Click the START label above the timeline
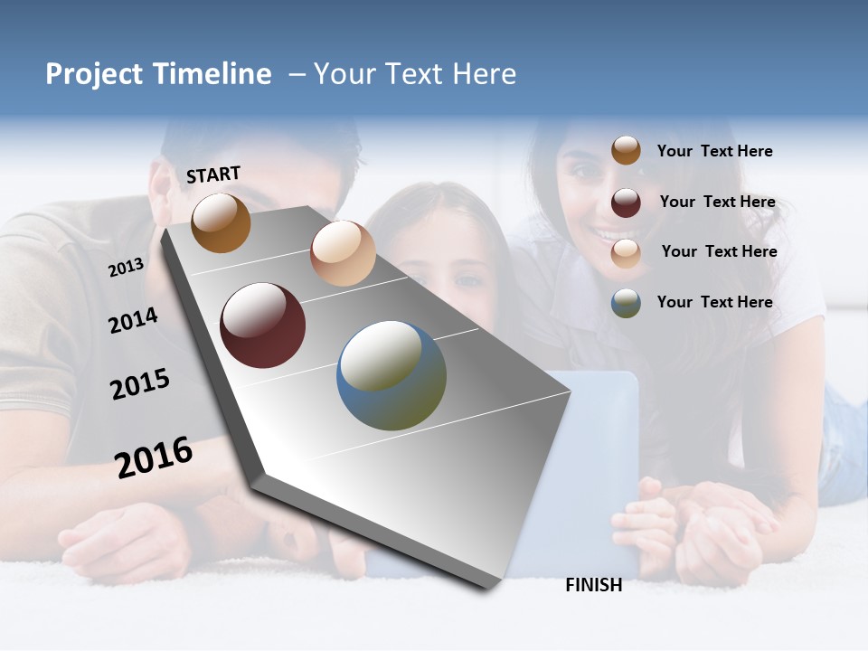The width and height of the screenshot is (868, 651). pos(213,175)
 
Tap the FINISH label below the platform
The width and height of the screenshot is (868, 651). pos(593,585)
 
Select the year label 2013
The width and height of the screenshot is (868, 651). pos(126,268)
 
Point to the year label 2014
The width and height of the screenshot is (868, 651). pos(133,321)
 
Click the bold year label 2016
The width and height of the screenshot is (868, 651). pos(154,458)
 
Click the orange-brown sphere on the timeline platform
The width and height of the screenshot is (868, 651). pos(221,223)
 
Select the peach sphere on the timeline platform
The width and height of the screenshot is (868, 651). pos(343,253)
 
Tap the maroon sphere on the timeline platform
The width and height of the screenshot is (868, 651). pos(263,325)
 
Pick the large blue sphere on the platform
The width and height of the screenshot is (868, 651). pos(392,375)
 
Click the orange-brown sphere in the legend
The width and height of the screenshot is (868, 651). pos(626,150)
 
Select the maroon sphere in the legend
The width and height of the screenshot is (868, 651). pos(626,203)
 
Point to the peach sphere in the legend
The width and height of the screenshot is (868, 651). pos(626,253)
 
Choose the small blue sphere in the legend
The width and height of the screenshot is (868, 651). pos(626,304)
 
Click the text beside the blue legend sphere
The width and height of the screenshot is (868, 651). pos(714,302)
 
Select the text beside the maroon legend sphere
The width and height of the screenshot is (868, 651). pos(717,202)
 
